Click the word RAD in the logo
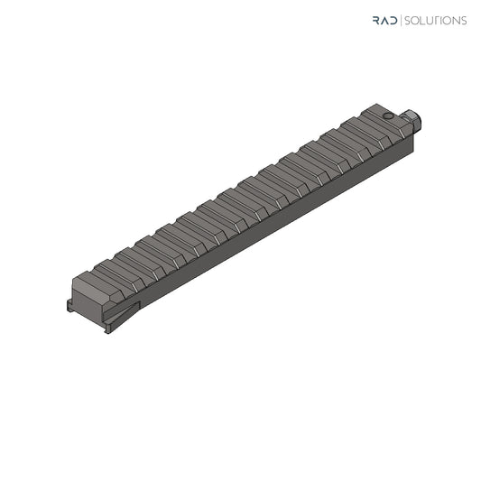click(x=385, y=20)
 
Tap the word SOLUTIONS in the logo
click(x=436, y=21)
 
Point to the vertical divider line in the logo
click(x=401, y=21)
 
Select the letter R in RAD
click(x=376, y=20)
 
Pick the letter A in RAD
click(x=384, y=20)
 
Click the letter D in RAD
click(x=393, y=20)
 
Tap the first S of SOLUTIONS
click(x=408, y=21)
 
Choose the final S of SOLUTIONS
click(x=464, y=21)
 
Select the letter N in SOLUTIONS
click(x=456, y=21)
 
